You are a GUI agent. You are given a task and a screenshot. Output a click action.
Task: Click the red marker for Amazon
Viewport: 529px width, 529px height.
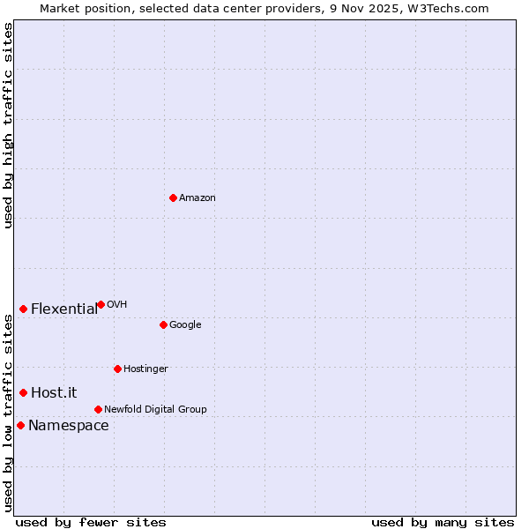click(x=173, y=197)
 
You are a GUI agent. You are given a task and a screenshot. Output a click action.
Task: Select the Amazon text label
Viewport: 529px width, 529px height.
click(x=197, y=198)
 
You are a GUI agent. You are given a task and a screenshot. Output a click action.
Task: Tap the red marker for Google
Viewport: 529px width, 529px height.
click(x=163, y=324)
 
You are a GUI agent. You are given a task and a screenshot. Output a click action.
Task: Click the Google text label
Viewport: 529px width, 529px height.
click(x=185, y=325)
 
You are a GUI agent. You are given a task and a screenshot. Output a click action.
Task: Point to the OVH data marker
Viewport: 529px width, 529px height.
click(x=101, y=304)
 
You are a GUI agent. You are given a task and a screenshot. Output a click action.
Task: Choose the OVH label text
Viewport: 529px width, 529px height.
click(x=116, y=305)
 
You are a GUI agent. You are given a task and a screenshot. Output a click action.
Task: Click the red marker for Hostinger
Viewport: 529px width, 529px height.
click(x=117, y=369)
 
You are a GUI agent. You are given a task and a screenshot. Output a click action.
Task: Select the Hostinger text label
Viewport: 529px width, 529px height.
click(x=145, y=369)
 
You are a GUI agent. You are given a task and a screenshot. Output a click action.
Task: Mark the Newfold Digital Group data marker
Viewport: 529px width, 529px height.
click(x=98, y=409)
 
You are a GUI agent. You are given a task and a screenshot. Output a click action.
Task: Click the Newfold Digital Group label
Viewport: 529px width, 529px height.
click(x=155, y=410)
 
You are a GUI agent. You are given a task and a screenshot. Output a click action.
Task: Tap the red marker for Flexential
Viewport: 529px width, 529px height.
click(x=24, y=309)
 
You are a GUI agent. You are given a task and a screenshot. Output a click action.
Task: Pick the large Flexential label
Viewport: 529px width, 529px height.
click(x=64, y=309)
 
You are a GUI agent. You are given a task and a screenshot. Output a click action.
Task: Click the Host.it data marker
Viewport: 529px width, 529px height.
click(x=24, y=392)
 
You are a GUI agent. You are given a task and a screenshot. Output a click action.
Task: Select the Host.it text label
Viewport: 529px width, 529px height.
click(x=54, y=393)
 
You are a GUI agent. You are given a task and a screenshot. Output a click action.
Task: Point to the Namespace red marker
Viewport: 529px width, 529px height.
click(x=20, y=425)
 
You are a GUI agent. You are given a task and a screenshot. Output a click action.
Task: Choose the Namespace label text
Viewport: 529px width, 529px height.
click(x=69, y=426)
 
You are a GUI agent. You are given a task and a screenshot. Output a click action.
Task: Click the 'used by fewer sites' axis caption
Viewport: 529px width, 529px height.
click(x=91, y=523)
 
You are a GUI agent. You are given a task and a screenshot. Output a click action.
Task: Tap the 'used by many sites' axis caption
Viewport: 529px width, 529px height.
click(x=443, y=523)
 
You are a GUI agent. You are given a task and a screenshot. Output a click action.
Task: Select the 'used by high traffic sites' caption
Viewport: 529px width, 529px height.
click(x=8, y=125)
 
